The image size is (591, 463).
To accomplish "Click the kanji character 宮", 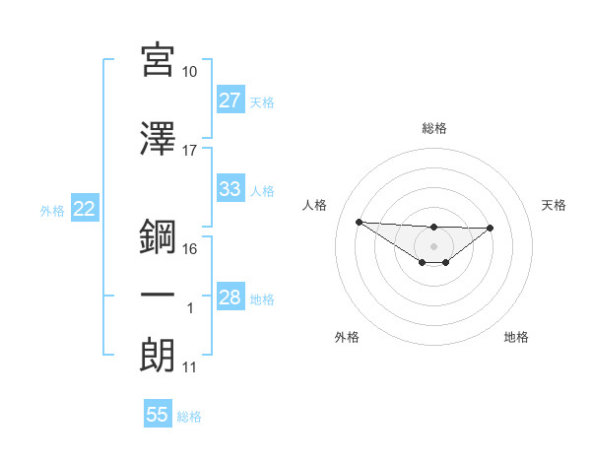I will pyautogui.click(x=158, y=61).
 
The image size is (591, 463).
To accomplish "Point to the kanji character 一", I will pyautogui.click(x=158, y=295).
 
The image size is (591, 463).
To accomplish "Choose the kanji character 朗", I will pyautogui.click(x=158, y=355).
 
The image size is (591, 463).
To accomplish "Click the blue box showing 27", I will pyautogui.click(x=230, y=100).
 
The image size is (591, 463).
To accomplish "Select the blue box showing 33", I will pyautogui.click(x=230, y=189).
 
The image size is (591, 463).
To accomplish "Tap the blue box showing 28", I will pyautogui.click(x=230, y=298).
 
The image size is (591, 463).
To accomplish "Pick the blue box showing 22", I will pyautogui.click(x=84, y=209).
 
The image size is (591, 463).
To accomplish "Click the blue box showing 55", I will pyautogui.click(x=158, y=415).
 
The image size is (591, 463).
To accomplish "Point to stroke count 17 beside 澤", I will pyautogui.click(x=190, y=151).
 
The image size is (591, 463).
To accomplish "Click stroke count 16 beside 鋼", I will pyautogui.click(x=190, y=248).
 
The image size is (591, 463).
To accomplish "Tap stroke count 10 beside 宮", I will pyautogui.click(x=190, y=72).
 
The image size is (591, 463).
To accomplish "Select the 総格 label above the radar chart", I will pyautogui.click(x=433, y=128).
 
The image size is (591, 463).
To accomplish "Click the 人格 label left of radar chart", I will pyautogui.click(x=315, y=205).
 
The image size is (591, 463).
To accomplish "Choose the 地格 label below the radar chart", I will pyautogui.click(x=516, y=337).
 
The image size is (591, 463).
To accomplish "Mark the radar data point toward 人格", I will pyautogui.click(x=359, y=222).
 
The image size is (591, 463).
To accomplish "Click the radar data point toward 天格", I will pyautogui.click(x=491, y=228).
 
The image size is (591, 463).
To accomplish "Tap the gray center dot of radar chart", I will pyautogui.click(x=433, y=245).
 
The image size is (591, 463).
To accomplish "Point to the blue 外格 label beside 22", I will pyautogui.click(x=51, y=210).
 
